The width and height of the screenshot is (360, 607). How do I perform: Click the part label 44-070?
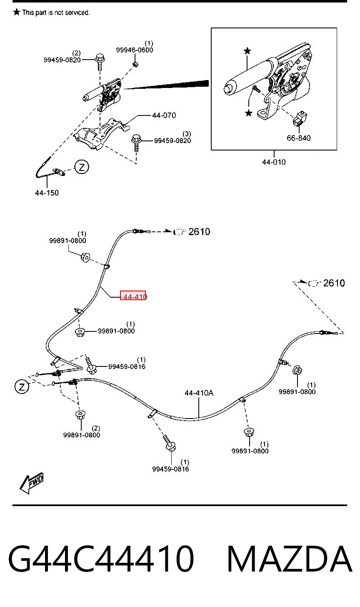[x=164, y=115]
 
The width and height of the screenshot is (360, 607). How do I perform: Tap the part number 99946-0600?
[x=135, y=50]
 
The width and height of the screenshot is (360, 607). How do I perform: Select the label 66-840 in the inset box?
[x=298, y=138]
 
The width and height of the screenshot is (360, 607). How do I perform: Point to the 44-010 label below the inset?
[x=274, y=162]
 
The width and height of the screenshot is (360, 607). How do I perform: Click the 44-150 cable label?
[x=47, y=193]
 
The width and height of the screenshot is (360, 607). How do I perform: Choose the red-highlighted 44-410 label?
[x=133, y=295]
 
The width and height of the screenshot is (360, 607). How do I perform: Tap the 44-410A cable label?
[x=199, y=393]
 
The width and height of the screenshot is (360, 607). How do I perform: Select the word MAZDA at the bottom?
[x=289, y=559]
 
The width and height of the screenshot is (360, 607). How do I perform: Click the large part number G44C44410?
[x=101, y=559]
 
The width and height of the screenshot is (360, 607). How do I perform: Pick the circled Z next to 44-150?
[x=82, y=167]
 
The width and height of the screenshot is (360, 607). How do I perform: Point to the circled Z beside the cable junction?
[x=22, y=387]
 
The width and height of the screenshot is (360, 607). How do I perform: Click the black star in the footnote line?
[x=17, y=12]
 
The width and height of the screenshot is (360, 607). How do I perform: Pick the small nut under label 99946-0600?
[x=136, y=64]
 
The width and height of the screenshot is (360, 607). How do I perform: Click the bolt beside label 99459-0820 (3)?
[x=136, y=143]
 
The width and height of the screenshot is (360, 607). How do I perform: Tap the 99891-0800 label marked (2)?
[x=82, y=435]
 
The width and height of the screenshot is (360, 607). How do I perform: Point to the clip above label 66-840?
[x=300, y=118]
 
